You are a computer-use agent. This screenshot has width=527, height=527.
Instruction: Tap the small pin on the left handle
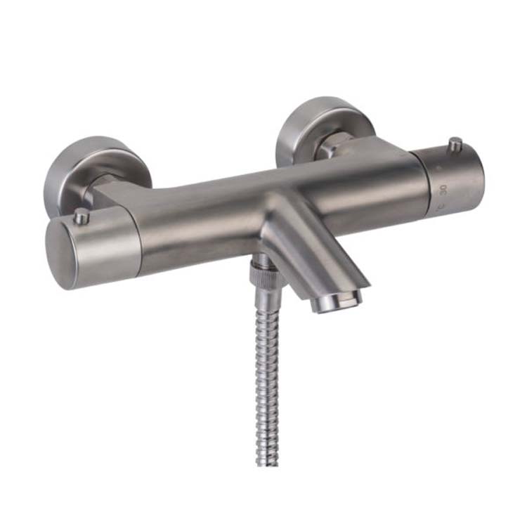82,217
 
